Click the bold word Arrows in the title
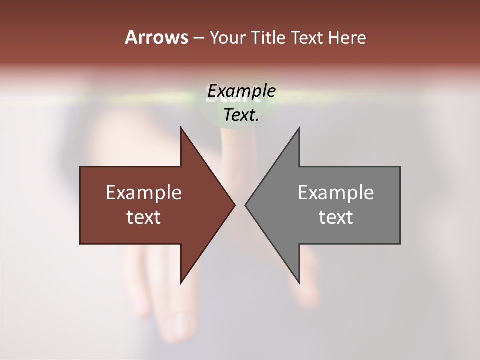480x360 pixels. click(x=157, y=37)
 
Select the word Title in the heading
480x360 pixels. click(x=269, y=38)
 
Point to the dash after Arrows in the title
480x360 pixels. click(x=198, y=38)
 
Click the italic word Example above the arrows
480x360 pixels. click(x=241, y=91)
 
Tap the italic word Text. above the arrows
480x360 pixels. click(x=241, y=115)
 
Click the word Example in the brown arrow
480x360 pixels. click(x=144, y=193)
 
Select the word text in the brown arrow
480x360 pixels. click(x=144, y=217)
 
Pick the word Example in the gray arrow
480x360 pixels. click(x=336, y=193)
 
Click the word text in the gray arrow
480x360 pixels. click(x=336, y=217)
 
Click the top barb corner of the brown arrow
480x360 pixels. click(x=181, y=128)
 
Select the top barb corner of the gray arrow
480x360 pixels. click(x=299, y=128)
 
